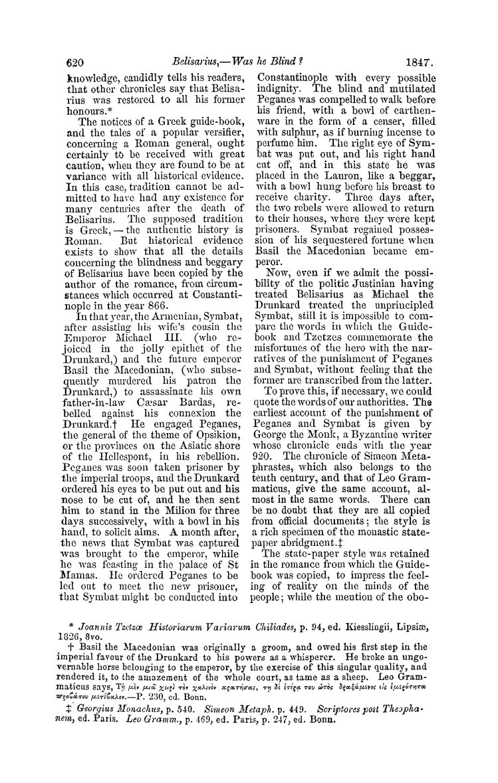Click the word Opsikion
204,381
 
